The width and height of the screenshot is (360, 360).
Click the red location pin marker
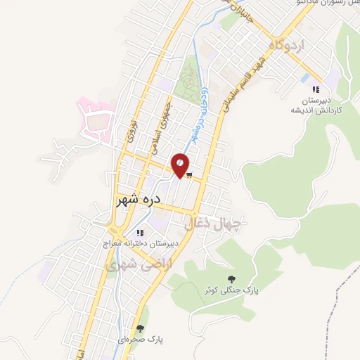pyautogui.click(x=180, y=165)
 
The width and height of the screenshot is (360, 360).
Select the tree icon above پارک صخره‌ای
pyautogui.click(x=141, y=328)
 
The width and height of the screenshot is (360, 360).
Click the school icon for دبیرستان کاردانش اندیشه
pyautogui.click(x=316, y=89)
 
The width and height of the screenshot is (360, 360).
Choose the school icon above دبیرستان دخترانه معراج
pyautogui.click(x=141, y=232)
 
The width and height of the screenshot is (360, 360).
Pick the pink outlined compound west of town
pyautogui.click(x=96, y=120)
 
